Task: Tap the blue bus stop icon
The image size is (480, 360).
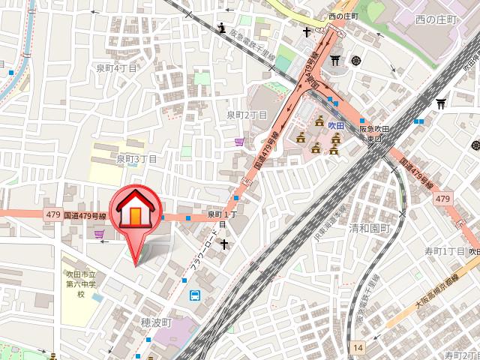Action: pos(195,295)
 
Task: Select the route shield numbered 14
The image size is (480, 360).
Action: pos(358,347)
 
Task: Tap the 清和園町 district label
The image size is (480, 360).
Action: pos(370,227)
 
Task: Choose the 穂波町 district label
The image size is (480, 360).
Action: pos(157,322)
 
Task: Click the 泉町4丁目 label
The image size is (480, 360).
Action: pos(117,68)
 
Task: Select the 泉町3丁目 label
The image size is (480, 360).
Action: pos(136,159)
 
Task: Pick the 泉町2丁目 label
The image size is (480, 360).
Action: pos(247,115)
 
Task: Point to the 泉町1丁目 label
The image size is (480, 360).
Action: pos(222,219)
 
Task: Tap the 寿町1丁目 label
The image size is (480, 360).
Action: pos(445,250)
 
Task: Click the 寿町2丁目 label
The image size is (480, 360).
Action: pos(461,355)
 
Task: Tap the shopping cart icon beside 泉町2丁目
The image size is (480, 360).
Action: pos(239,140)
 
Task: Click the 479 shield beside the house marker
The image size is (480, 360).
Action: pos(52,215)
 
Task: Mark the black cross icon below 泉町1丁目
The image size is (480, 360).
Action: pos(223,244)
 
